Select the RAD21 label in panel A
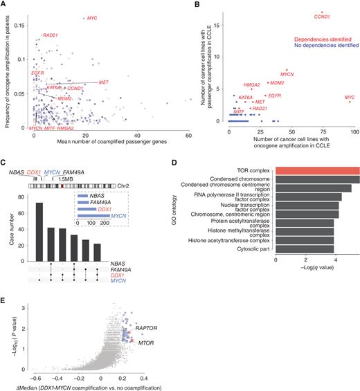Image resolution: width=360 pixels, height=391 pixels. click(50, 35)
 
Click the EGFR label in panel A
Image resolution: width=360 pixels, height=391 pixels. click(38, 73)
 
